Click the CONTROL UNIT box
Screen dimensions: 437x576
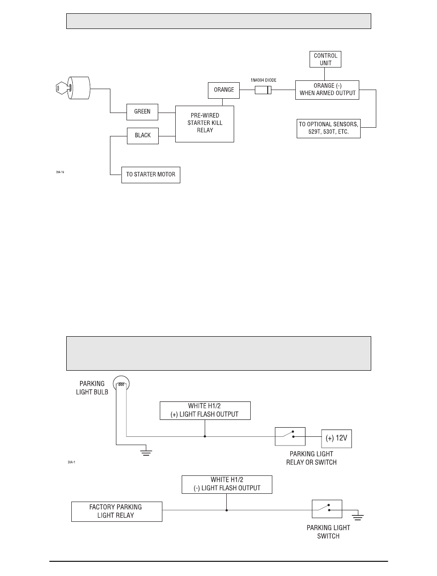[325, 59]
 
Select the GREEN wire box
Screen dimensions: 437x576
[142, 112]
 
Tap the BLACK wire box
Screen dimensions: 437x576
[143, 136]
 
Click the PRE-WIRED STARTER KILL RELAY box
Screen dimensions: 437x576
[204, 124]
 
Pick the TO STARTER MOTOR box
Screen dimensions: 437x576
[150, 175]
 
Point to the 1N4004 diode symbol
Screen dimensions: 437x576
[263, 90]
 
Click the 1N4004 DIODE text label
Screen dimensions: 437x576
[263, 80]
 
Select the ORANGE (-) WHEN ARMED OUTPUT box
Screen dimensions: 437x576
[327, 90]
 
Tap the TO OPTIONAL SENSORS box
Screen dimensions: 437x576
[328, 129]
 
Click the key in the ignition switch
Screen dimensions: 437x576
[63, 88]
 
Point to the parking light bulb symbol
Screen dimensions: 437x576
[121, 384]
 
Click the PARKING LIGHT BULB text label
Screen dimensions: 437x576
[92, 388]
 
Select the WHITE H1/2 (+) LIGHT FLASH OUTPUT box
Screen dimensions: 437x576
[205, 411]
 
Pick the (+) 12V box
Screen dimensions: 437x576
[336, 439]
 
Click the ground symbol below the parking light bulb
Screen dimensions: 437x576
[146, 452]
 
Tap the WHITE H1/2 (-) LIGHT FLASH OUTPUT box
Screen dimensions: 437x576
[227, 485]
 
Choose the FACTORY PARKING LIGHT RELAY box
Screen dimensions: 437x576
[117, 511]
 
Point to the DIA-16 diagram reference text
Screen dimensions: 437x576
[60, 172]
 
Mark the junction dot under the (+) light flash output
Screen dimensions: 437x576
[205, 436]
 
